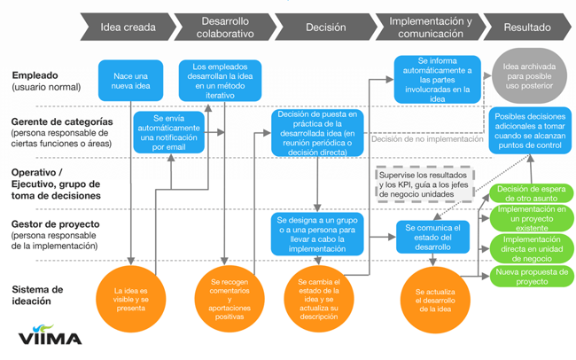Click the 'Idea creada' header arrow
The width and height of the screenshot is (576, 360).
pyautogui.click(x=128, y=27)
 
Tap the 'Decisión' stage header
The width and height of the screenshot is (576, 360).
pyautogui.click(x=325, y=27)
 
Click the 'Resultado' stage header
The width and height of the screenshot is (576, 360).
pyautogui.click(x=526, y=27)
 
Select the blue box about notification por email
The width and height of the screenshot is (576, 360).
pyautogui.click(x=169, y=132)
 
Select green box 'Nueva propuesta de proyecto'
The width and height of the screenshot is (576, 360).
pyautogui.click(x=531, y=276)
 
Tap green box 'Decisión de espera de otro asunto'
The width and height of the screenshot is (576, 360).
pyautogui.click(x=531, y=193)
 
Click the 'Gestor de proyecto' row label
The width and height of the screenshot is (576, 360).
pyautogui.click(x=54, y=232)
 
